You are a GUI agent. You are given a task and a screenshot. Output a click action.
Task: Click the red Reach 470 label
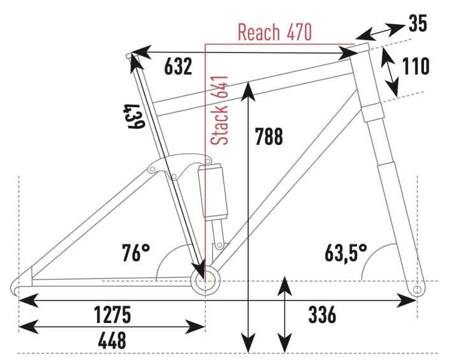[x=274, y=32]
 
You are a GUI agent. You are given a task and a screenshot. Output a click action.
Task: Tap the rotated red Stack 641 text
[x=219, y=110]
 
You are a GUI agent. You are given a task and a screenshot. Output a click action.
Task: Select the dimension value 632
[x=178, y=66]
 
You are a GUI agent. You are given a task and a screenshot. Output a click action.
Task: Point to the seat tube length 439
[x=134, y=116]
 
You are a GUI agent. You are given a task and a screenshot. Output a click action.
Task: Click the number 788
[x=268, y=136]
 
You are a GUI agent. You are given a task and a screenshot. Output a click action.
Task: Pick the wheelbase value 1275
[x=113, y=315]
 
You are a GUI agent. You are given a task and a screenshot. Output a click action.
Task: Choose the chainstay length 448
[x=112, y=340]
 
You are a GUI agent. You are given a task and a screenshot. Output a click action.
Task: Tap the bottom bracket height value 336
[x=322, y=315]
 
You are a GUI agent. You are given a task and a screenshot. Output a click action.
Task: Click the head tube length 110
[x=416, y=66]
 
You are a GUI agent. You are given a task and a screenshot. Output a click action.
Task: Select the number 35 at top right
[x=418, y=23]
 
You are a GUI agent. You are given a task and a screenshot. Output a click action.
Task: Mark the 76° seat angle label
[x=136, y=253]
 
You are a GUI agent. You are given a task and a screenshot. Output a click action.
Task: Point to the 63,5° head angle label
[x=346, y=253]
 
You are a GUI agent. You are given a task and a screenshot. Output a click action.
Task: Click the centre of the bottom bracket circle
[x=205, y=281]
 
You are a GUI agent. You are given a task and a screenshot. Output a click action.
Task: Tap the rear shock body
[x=213, y=192]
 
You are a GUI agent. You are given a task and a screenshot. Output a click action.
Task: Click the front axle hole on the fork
[x=417, y=289]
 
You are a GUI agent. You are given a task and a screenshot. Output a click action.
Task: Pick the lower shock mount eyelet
[x=219, y=245]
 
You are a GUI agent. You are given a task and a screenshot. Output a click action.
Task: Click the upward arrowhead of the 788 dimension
[x=248, y=91]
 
